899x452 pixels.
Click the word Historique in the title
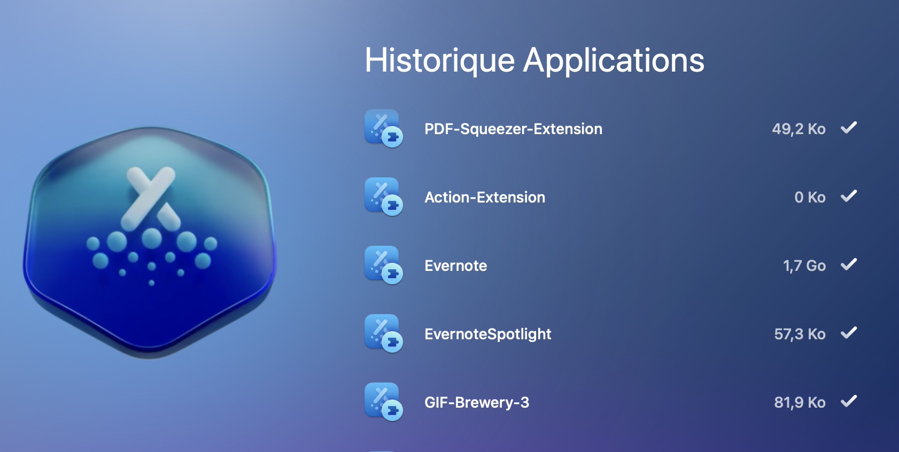[x=439, y=60]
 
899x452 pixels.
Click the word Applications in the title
[x=614, y=61]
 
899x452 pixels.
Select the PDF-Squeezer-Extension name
[x=513, y=129]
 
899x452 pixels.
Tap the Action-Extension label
[x=485, y=197]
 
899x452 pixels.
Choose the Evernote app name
[x=455, y=266]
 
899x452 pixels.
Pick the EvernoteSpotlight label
[x=487, y=334]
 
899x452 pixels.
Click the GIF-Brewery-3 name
[x=477, y=402]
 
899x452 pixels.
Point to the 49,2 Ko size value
[x=799, y=129]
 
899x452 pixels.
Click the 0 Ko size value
[x=810, y=197]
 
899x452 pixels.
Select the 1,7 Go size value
[x=804, y=266]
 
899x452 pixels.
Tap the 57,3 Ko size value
[x=800, y=334]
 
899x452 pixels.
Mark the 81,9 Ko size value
[x=800, y=402]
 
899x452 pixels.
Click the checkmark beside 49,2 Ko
[x=849, y=128]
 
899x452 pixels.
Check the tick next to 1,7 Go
[x=849, y=264]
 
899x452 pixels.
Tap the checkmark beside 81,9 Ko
[x=849, y=401]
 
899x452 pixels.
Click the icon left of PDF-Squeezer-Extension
[x=384, y=128]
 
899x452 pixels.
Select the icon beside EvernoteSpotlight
[x=384, y=333]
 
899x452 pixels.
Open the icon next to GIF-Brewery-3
[x=384, y=402]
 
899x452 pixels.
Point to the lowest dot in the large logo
[x=151, y=283]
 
